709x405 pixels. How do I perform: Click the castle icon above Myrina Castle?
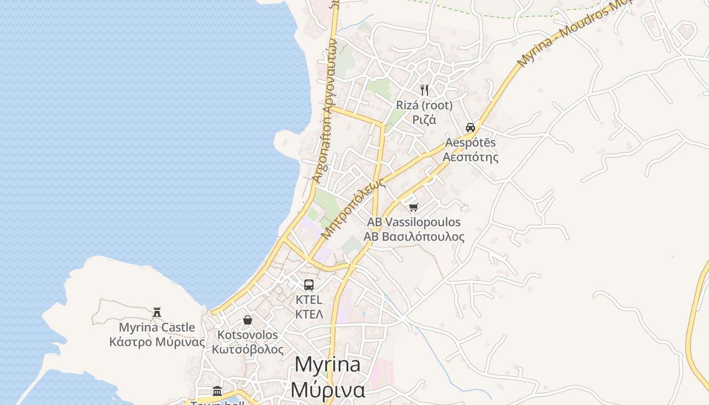(157, 312)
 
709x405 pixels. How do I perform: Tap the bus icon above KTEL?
(309, 285)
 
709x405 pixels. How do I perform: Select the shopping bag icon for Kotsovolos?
(248, 320)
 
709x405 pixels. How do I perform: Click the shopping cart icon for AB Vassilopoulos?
(414, 207)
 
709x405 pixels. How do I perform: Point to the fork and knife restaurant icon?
(424, 90)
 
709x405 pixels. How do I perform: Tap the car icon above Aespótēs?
(470, 127)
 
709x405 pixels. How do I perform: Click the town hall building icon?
(217, 391)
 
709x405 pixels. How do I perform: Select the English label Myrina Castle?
(157, 328)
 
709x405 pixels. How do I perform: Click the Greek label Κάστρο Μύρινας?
(157, 342)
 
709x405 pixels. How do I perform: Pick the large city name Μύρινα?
(328, 389)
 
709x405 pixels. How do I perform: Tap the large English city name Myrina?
(327, 364)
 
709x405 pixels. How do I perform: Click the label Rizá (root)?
(424, 106)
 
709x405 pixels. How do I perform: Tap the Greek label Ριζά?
(424, 120)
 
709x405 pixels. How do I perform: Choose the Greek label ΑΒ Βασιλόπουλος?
(414, 236)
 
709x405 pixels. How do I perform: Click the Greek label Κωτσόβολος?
(248, 349)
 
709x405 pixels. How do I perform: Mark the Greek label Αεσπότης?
(470, 157)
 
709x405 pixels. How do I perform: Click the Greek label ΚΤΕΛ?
(309, 314)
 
